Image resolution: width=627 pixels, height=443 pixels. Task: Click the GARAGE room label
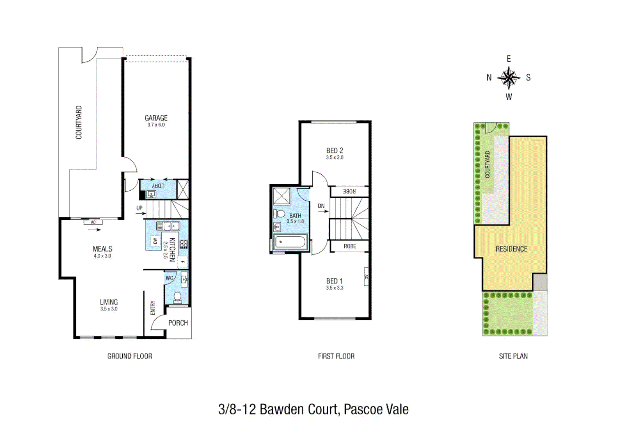tap(156, 118)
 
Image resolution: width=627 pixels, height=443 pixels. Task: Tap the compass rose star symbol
tap(508, 78)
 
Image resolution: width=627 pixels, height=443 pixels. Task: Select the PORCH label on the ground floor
tap(178, 323)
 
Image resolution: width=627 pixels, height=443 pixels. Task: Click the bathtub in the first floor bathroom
tap(291, 242)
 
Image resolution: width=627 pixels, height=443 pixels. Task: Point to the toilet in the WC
tap(178, 297)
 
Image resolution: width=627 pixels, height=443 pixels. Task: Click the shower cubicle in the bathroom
tap(282, 196)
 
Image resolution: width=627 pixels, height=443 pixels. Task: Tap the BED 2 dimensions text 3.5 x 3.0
tap(334, 158)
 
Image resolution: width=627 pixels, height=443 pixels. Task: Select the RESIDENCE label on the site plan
tap(511, 249)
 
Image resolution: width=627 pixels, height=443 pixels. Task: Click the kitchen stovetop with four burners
tap(183, 244)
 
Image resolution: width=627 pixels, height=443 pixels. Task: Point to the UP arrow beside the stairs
tap(140, 213)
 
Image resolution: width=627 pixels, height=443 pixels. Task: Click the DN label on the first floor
tap(321, 206)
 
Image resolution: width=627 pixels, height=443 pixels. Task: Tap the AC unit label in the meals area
tap(93, 222)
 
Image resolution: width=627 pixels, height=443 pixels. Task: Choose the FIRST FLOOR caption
tap(336, 356)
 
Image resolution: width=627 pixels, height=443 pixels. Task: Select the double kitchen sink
tap(168, 226)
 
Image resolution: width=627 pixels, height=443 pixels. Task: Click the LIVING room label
tap(109, 302)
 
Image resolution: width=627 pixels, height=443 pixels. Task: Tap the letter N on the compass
tap(489, 78)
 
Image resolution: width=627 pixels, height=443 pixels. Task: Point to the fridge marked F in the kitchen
tap(183, 262)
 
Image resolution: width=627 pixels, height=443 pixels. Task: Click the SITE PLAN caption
tap(513, 356)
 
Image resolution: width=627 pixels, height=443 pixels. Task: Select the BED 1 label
tap(334, 281)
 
